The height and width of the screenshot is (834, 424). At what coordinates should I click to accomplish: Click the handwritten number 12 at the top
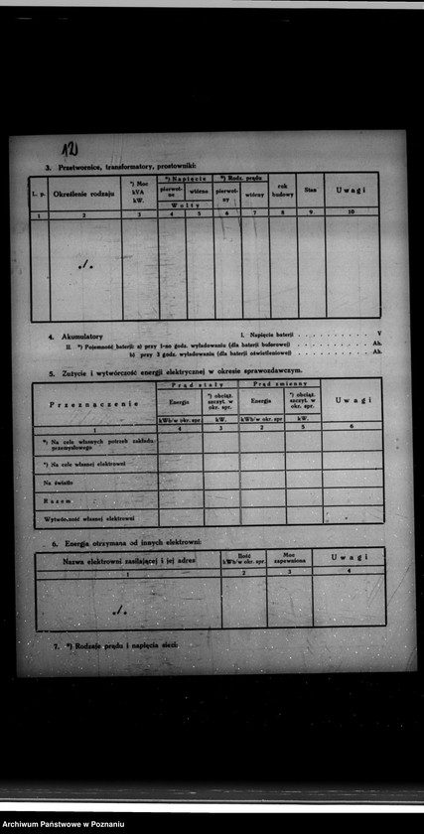pyautogui.click(x=69, y=150)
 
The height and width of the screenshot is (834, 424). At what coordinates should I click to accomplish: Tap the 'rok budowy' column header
pyautogui.click(x=283, y=192)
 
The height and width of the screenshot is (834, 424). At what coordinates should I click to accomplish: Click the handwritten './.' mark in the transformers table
pyautogui.click(x=86, y=264)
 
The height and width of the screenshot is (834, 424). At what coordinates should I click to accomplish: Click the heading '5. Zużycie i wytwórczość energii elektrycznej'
pyautogui.click(x=179, y=371)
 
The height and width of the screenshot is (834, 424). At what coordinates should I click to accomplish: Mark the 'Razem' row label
pyautogui.click(x=57, y=500)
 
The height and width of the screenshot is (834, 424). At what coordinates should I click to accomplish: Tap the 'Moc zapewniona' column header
pyautogui.click(x=289, y=558)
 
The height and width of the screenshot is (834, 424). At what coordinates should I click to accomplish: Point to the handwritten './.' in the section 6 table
pyautogui.click(x=119, y=609)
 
